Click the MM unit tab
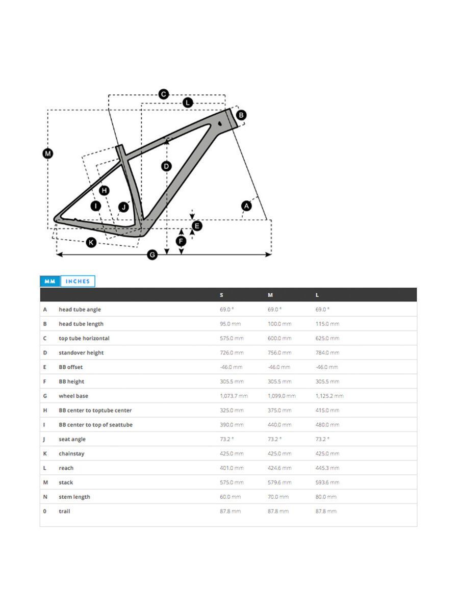49,281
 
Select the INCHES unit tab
78,281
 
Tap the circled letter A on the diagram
246,206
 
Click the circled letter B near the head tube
241,115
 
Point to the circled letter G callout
152,255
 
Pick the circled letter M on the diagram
48,154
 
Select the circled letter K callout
91,242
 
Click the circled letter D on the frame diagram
166,166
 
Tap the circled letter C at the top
163,94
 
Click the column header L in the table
317,295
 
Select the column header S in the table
221,295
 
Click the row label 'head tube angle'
80,310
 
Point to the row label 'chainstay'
72,453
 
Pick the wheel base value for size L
329,396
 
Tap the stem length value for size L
326,497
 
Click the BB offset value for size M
279,367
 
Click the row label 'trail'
64,511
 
